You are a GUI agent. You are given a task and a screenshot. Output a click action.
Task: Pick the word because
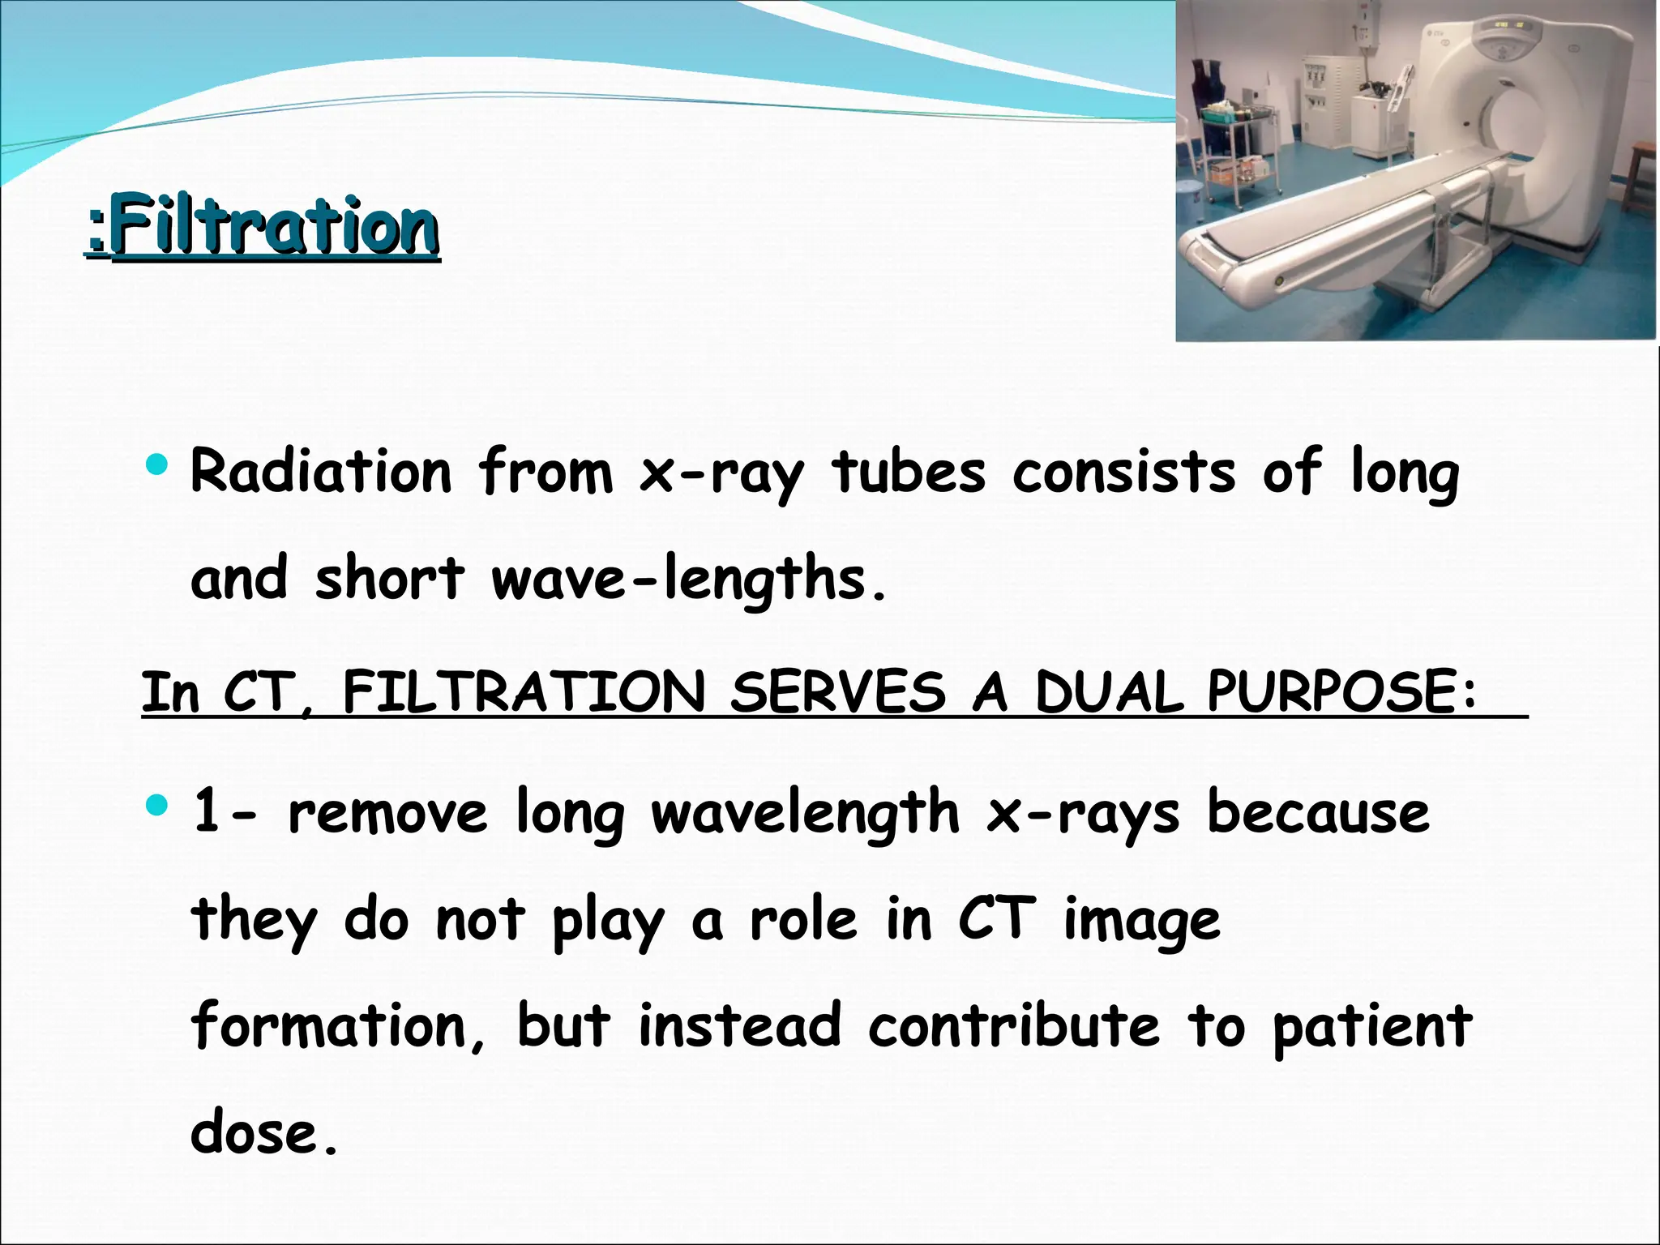pyautogui.click(x=1318, y=812)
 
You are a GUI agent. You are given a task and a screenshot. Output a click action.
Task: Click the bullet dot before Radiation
pyautogui.click(x=156, y=465)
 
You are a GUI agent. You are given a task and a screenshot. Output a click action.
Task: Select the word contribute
pyautogui.click(x=1013, y=1025)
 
